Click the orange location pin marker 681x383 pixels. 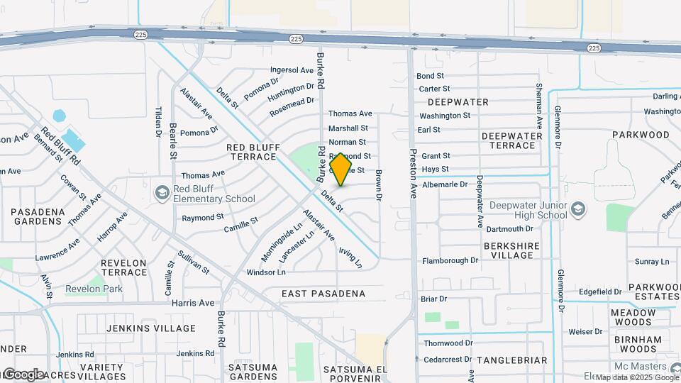point(341,170)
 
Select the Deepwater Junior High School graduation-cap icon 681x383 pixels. point(579,209)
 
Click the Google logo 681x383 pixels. point(23,374)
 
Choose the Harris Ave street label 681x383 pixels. point(193,303)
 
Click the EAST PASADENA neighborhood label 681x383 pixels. point(323,294)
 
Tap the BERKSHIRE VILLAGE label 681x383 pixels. point(512,250)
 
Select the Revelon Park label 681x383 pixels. point(94,289)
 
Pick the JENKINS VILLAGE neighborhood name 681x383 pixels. point(150,328)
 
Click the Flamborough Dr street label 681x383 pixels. point(450,261)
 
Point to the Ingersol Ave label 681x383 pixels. point(292,70)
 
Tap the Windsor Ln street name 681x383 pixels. point(266,272)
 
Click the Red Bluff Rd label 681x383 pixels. point(60,145)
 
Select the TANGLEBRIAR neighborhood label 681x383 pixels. point(511,360)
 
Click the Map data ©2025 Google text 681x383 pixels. point(636,377)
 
